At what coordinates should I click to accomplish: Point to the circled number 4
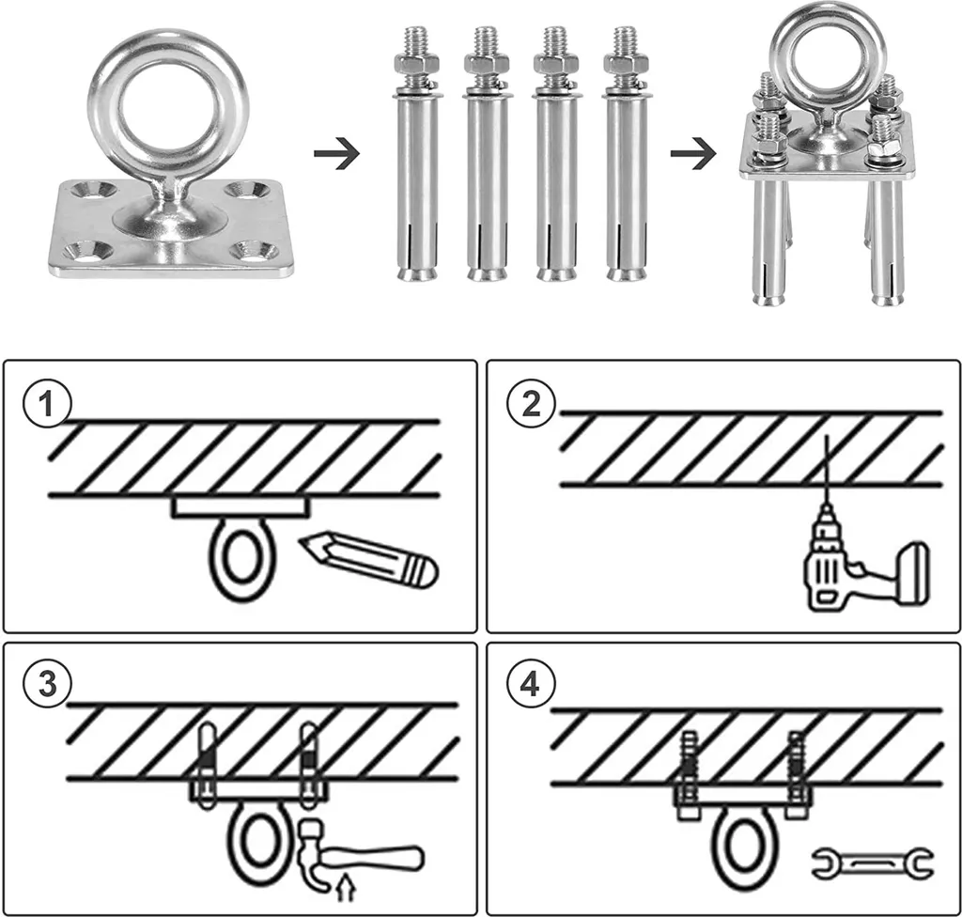pyautogui.click(x=530, y=684)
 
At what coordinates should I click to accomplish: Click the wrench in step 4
pyautogui.click(x=872, y=860)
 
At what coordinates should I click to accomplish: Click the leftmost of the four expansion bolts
pyautogui.click(x=413, y=155)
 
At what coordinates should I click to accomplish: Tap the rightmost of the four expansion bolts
pyautogui.click(x=625, y=155)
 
